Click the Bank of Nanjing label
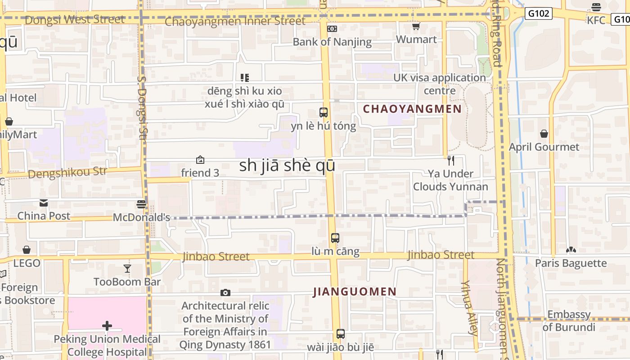pos(332,42)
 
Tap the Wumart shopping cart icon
pos(416,27)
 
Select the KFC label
pos(596,20)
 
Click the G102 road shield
pos(538,13)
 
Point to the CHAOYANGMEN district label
pos(412,109)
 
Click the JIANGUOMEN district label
pos(355,292)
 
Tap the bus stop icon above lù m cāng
pos(335,238)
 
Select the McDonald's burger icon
pos(141,204)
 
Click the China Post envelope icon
pos(44,203)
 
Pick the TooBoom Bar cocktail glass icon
pos(127,269)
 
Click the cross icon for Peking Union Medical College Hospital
pos(107,325)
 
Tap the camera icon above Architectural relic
pos(225,293)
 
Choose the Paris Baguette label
pos(571,263)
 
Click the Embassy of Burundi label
pos(569,321)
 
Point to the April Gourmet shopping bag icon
pos(544,134)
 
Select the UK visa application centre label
pos(440,84)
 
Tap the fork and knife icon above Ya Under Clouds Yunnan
pos(451,160)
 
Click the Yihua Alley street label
pos(469,308)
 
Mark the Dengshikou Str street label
pos(67,172)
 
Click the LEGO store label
pos(27,263)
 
